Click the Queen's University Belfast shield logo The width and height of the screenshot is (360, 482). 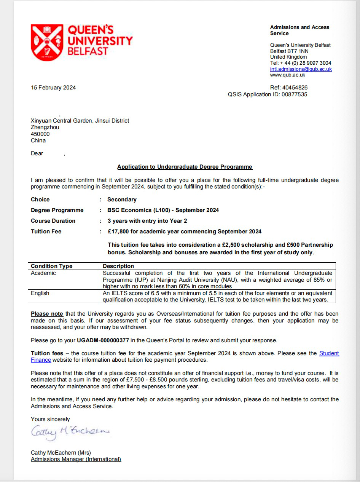point(47,43)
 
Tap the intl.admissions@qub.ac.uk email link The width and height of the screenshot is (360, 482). point(301,69)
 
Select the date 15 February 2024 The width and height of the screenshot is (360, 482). point(53,88)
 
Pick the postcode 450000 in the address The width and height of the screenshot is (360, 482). point(40,134)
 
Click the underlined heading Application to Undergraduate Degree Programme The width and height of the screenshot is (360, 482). point(185,167)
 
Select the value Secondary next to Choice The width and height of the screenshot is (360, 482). point(122,200)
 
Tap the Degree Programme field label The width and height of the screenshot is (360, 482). point(57,210)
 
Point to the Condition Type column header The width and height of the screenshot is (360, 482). point(51,266)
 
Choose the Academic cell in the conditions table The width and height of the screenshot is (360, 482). point(43,273)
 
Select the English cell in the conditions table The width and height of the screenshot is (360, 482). point(40,293)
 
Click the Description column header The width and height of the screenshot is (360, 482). point(118,266)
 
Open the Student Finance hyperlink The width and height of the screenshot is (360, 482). point(329,353)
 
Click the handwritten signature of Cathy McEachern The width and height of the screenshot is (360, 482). point(70,431)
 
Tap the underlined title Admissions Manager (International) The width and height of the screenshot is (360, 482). point(76,459)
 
